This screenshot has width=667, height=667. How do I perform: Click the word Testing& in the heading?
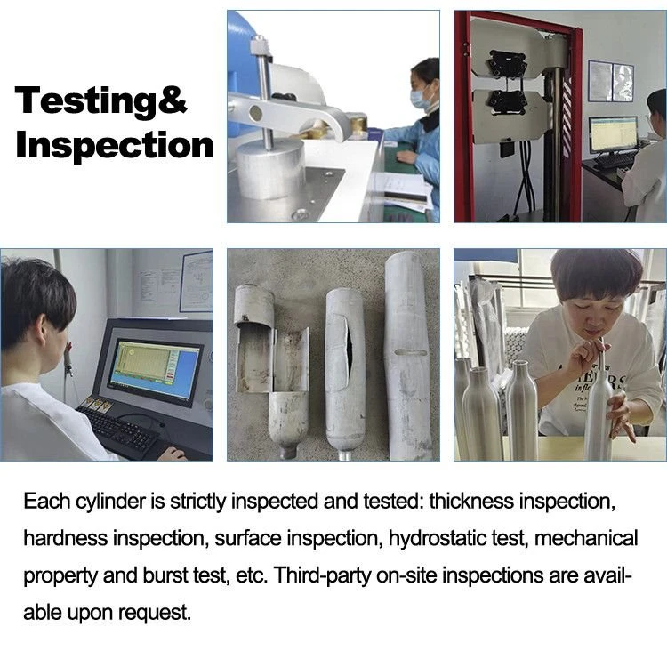(x=100, y=100)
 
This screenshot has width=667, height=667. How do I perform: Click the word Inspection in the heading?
(x=115, y=146)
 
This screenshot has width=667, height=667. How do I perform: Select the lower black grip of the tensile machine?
(x=509, y=102)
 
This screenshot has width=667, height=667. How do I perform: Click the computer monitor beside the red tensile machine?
(x=613, y=135)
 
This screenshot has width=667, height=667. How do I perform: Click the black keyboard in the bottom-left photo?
(x=118, y=430)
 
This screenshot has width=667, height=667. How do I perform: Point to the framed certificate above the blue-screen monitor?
(x=197, y=282)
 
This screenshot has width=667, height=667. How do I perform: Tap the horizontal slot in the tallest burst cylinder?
(x=411, y=352)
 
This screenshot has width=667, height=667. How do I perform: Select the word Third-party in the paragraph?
(x=323, y=575)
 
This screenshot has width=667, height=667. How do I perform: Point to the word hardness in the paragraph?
(x=66, y=538)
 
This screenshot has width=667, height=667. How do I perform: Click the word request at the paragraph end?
(x=154, y=614)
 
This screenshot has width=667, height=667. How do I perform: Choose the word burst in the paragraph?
(x=165, y=575)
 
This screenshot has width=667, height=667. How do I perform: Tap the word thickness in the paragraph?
(x=471, y=501)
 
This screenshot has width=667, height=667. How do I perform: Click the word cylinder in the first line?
(x=110, y=502)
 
